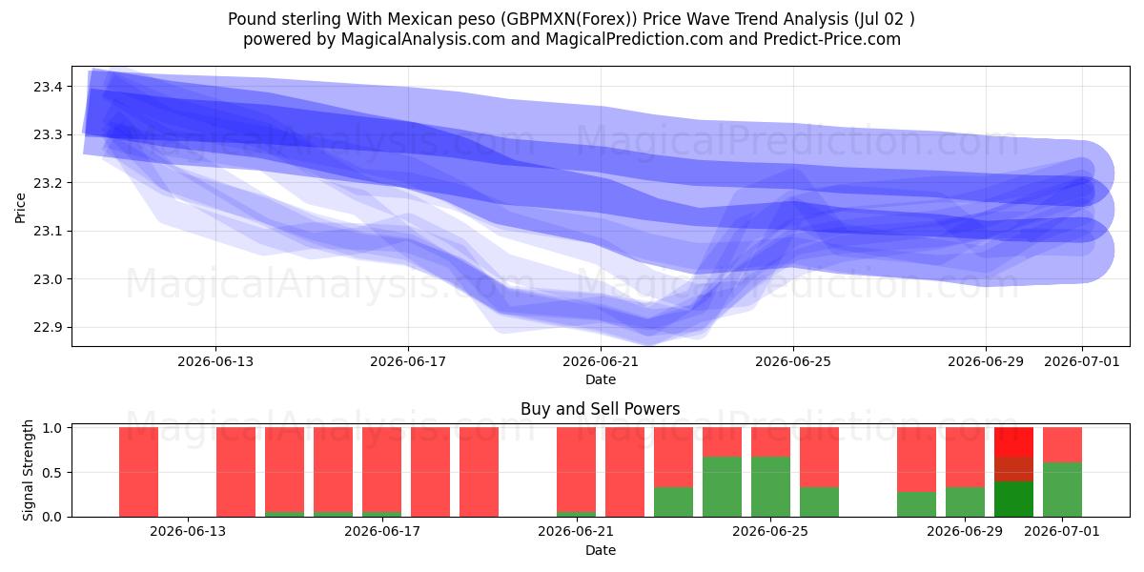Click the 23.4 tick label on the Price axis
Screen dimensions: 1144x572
pos(48,87)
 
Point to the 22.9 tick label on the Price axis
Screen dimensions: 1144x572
pos(48,327)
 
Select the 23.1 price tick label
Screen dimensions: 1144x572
pos(48,232)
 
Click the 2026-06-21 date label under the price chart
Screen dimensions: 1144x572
pos(601,361)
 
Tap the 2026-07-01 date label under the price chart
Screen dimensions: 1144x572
pos(1082,361)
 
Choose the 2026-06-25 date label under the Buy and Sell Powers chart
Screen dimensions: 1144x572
pos(770,531)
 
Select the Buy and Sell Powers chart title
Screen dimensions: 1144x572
pos(600,409)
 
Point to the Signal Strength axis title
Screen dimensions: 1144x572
pos(28,470)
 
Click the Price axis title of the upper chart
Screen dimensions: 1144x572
pos(20,208)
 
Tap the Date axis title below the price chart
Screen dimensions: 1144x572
pos(601,379)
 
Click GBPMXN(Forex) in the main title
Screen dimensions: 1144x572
pos(569,19)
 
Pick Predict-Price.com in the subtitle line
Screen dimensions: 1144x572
pos(832,39)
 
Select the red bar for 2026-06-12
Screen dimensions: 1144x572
pos(138,472)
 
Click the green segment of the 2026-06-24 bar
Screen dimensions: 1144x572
pos(723,487)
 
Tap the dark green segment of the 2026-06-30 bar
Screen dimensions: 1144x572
pos(1013,499)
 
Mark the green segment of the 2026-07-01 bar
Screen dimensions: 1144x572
pos(1062,490)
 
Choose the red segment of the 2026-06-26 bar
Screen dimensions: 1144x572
pos(819,458)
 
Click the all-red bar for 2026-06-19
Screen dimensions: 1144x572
pos(479,472)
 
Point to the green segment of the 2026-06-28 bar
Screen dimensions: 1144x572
pos(917,504)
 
